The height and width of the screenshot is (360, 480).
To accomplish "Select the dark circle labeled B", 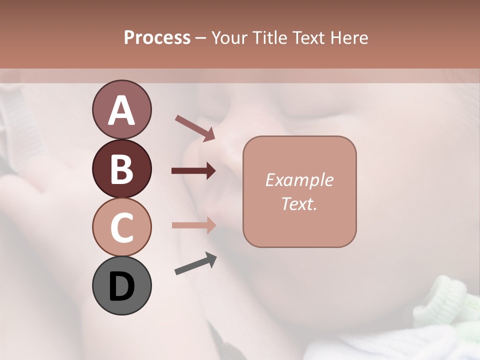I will pyautogui.click(x=121, y=168).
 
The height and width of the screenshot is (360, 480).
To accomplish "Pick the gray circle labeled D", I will pyautogui.click(x=121, y=285).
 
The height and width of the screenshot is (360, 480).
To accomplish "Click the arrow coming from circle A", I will pyautogui.click(x=195, y=128).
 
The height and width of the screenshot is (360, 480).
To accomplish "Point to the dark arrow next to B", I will pyautogui.click(x=193, y=171).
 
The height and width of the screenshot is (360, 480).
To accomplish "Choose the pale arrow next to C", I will pyautogui.click(x=193, y=225).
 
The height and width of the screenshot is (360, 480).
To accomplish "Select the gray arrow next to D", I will pyautogui.click(x=195, y=264).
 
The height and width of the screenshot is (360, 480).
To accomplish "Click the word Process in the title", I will pyautogui.click(x=157, y=38).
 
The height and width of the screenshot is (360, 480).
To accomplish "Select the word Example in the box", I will pyautogui.click(x=299, y=180).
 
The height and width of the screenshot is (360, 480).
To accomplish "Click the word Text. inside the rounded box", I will pyautogui.click(x=299, y=203).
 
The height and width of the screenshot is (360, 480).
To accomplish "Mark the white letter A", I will pyautogui.click(x=121, y=110).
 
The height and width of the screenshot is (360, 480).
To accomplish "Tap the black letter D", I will pyautogui.click(x=121, y=287).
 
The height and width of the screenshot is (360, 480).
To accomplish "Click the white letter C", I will pyautogui.click(x=121, y=228).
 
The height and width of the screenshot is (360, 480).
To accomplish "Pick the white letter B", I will pyautogui.click(x=121, y=169).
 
